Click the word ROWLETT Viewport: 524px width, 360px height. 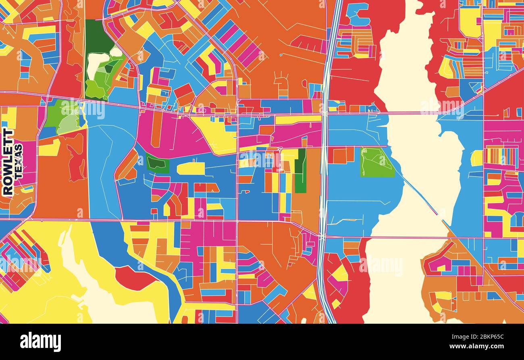8,162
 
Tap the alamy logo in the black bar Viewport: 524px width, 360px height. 40,342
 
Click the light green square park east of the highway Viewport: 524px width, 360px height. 377,162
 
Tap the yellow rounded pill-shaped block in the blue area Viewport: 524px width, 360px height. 191,169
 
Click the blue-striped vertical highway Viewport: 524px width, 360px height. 325,161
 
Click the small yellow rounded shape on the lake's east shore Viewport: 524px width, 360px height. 477,158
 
